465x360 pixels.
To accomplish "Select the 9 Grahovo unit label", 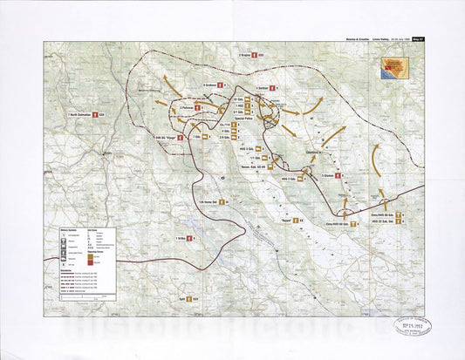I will pyautogui.click(x=215, y=85).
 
